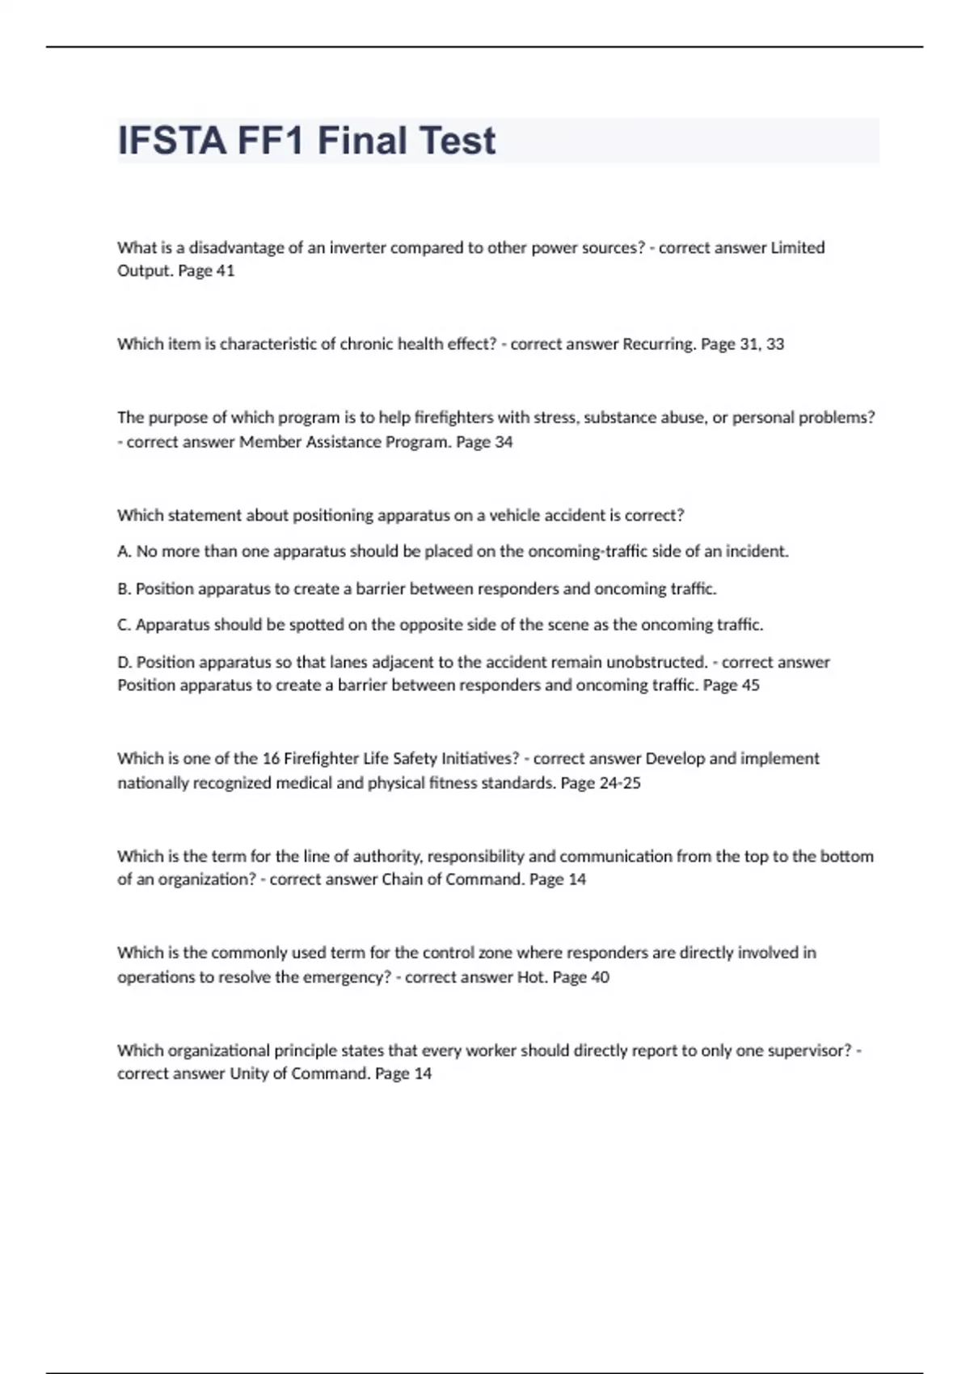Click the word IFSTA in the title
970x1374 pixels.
(x=171, y=141)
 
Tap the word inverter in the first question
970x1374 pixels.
(x=357, y=247)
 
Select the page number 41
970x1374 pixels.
(x=225, y=271)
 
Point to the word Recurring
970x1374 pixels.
(x=659, y=343)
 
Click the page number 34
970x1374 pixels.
(x=503, y=442)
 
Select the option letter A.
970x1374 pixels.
(x=124, y=551)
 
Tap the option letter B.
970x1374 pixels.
(x=124, y=588)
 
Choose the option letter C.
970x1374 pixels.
(x=124, y=625)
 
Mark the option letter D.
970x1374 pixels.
(x=124, y=662)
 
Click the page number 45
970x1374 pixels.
(x=750, y=685)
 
